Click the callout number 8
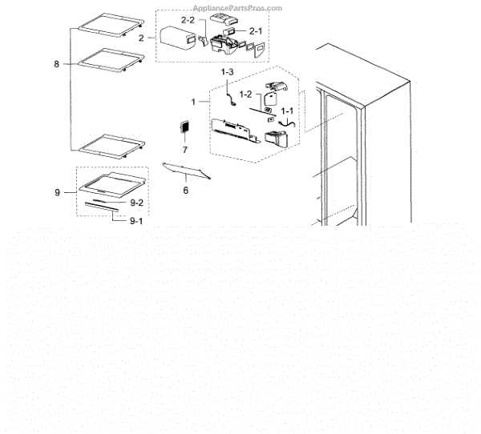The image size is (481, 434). click(57, 63)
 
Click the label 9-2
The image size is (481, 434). click(137, 203)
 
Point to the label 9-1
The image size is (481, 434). click(137, 220)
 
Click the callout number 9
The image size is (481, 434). click(57, 192)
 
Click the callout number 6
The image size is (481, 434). click(186, 191)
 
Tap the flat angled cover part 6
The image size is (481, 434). click(187, 170)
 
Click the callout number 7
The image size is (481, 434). click(184, 150)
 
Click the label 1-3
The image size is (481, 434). click(227, 73)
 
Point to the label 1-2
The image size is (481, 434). click(244, 94)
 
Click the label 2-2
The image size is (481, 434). click(188, 18)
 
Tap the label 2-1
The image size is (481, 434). click(257, 30)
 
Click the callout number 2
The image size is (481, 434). click(141, 38)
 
